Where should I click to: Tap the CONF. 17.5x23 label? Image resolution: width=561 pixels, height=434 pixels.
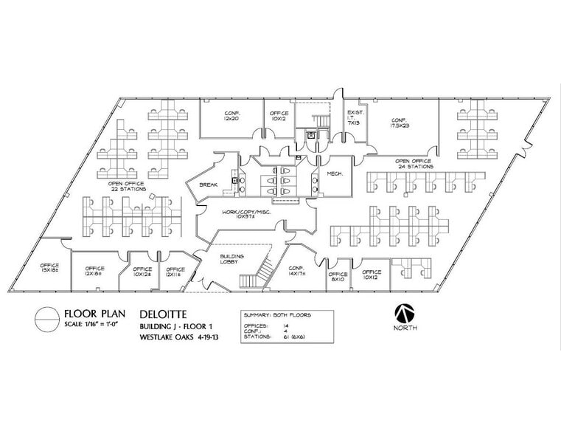tap(400, 123)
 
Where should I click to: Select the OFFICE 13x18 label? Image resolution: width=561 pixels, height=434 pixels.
tap(49, 268)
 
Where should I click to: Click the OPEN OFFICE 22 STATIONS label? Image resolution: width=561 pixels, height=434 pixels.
tap(127, 187)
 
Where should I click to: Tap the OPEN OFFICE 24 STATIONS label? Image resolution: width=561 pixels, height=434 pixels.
tap(413, 163)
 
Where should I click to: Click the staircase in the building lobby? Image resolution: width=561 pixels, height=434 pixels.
tap(262, 269)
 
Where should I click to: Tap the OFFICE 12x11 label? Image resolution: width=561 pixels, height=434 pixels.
tap(175, 272)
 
